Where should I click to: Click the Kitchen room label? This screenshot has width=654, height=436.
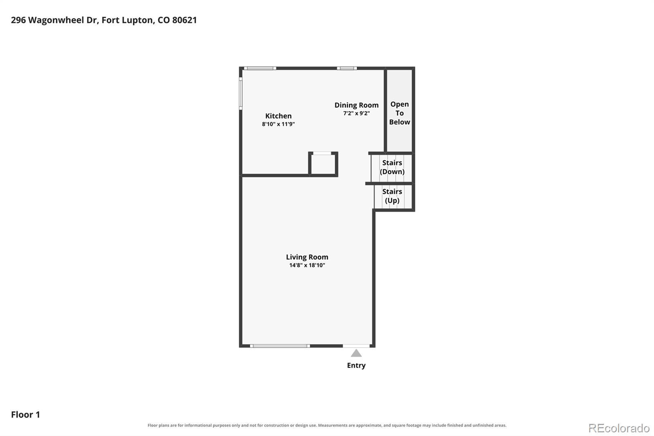(278, 116)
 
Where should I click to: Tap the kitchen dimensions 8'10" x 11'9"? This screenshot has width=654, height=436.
(278, 124)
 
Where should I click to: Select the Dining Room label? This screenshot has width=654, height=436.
(356, 105)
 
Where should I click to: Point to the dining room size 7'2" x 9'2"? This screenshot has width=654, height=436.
(356, 113)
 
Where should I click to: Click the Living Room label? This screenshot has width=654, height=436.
(307, 257)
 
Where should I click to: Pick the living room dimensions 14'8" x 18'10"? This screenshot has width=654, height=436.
(307, 265)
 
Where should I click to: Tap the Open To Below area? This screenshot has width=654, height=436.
(399, 111)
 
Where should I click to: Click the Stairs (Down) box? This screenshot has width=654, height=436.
(392, 168)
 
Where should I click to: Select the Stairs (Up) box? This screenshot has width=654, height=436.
(393, 197)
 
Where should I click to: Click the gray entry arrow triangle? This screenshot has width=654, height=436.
(356, 354)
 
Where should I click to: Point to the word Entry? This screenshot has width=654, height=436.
(356, 365)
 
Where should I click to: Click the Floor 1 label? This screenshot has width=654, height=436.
(25, 414)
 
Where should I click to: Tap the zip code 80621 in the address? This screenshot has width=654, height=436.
(184, 20)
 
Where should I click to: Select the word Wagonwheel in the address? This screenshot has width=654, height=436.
(63, 20)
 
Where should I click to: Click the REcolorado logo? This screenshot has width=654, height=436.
(619, 428)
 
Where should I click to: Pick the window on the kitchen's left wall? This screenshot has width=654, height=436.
(241, 94)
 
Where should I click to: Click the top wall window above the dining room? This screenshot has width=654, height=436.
(347, 68)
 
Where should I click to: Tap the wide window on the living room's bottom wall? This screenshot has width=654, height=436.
(280, 346)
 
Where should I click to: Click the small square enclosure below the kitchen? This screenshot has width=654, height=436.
(323, 164)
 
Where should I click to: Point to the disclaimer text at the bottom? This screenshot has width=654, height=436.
(327, 425)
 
